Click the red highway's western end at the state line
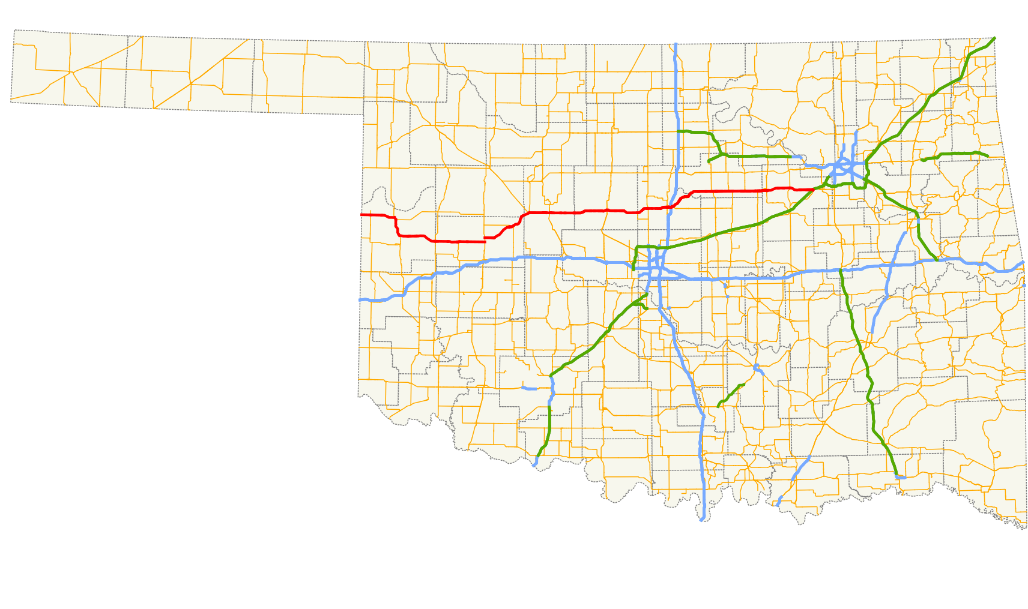[361, 215]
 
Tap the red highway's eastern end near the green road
[813, 190]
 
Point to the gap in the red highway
[485, 239]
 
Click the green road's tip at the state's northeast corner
[995, 38]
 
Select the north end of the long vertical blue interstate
[676, 44]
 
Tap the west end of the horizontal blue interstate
[361, 299]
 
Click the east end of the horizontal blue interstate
[1023, 263]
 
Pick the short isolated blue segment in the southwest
[529, 389]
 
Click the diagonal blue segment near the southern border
[793, 480]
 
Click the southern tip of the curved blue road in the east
[871, 331]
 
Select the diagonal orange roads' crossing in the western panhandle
[71, 72]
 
